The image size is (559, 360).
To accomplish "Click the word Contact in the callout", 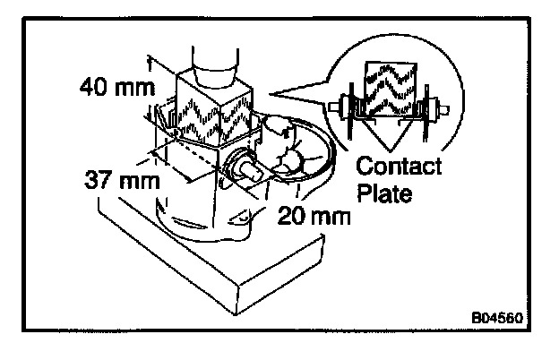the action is click(x=399, y=167).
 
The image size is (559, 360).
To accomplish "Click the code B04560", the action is click(x=496, y=317).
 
